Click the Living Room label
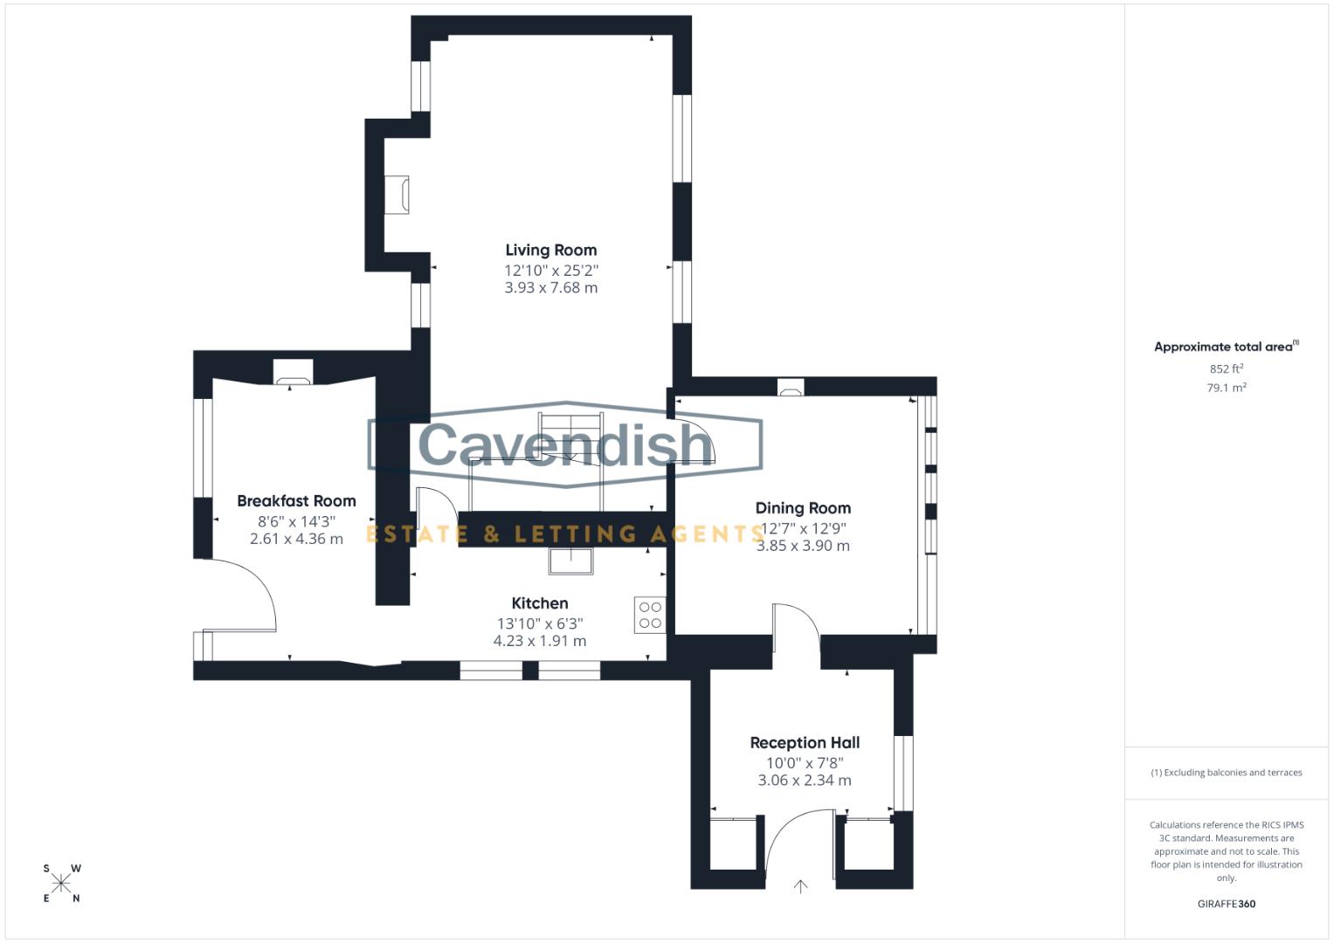(550, 251)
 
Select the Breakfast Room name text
(296, 501)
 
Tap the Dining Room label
(802, 508)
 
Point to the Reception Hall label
(805, 743)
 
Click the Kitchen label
(539, 603)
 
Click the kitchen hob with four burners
(650, 616)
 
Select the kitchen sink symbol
(570, 561)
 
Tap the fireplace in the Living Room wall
(397, 195)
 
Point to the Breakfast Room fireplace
(293, 372)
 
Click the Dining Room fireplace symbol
(791, 387)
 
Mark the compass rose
(61, 884)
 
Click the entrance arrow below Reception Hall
(800, 886)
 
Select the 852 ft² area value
(1226, 369)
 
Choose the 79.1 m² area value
(1226, 388)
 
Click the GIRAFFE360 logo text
(1226, 904)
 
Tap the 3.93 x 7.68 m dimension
(550, 288)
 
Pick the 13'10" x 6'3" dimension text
(539, 623)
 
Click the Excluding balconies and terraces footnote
(1226, 773)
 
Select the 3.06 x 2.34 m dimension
(804, 781)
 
